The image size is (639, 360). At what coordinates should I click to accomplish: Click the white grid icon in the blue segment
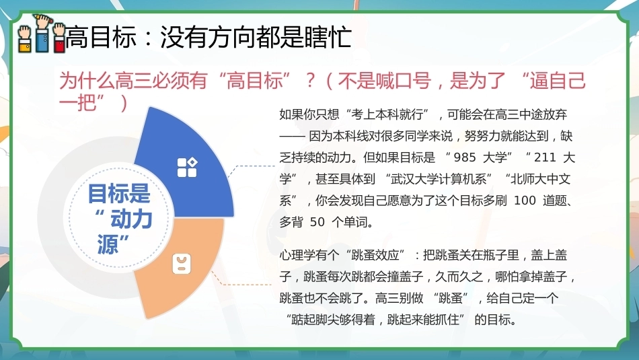pos(187,167)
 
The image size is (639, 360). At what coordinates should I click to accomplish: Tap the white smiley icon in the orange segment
pos(182,263)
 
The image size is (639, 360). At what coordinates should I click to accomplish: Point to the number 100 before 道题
pos(525,200)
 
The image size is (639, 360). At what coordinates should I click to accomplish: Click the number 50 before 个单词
pos(317,222)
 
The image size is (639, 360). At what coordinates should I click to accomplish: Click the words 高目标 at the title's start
pos(101,37)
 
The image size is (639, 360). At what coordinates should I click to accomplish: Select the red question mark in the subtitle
pos(311,80)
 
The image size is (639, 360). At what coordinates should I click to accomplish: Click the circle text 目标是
pos(119,193)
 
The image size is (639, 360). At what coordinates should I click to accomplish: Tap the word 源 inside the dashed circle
pos(107,244)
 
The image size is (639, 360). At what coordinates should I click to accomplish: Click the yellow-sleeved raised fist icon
pos(24,38)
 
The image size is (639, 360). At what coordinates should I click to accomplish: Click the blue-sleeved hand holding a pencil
pos(42,32)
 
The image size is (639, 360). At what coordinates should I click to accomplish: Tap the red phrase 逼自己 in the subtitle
pos(558,80)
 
